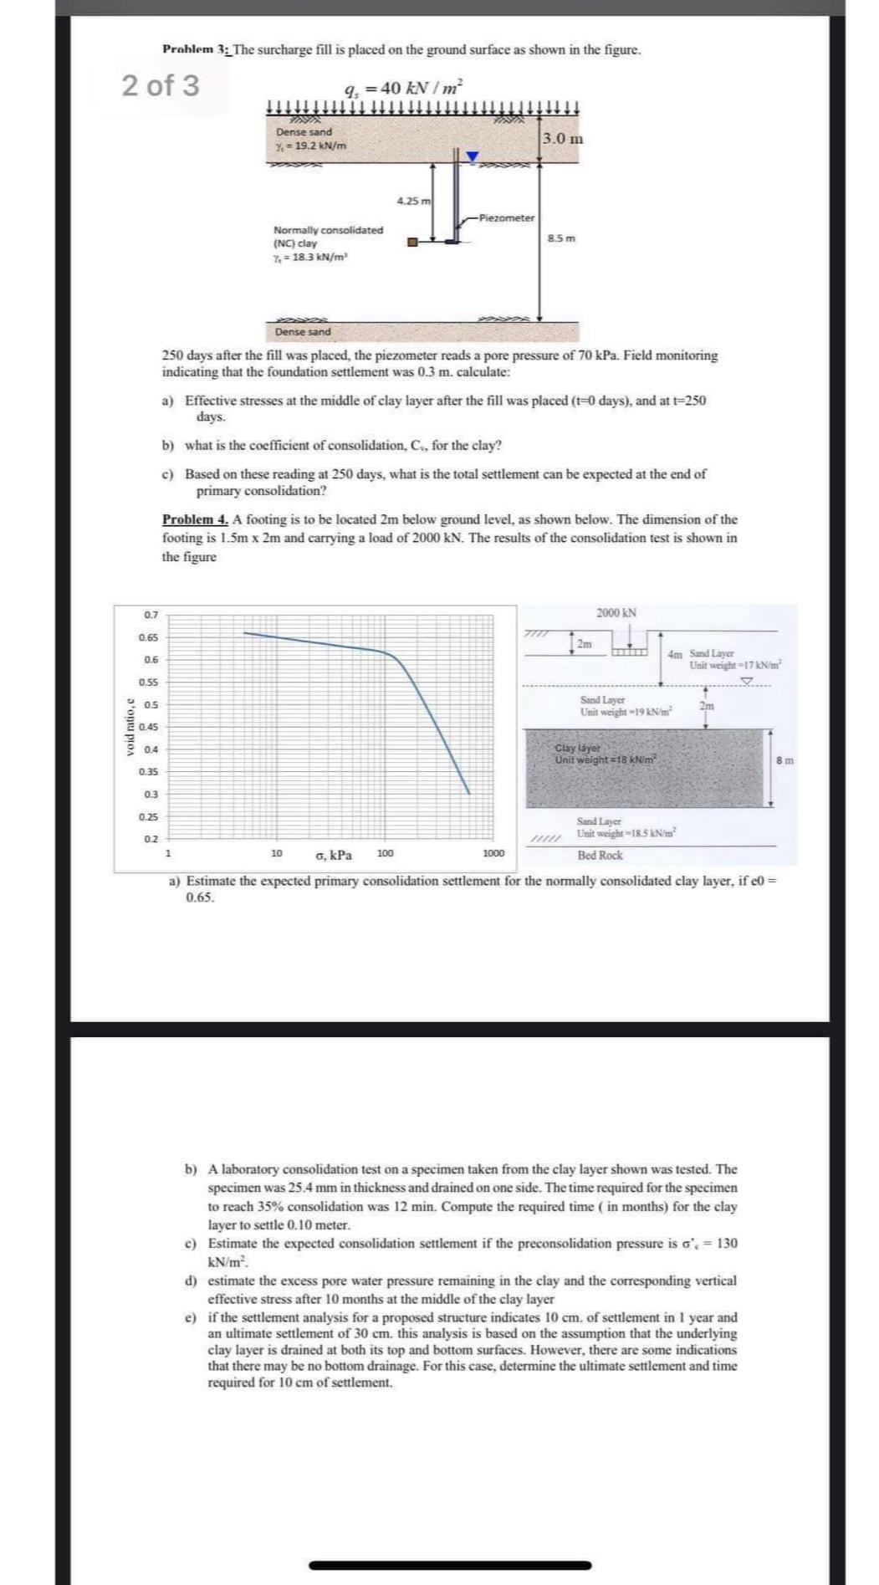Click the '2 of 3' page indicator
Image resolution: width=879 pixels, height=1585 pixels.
(x=161, y=85)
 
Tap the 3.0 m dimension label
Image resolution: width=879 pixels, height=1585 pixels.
(x=562, y=138)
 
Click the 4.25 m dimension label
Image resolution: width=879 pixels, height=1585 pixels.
(x=413, y=201)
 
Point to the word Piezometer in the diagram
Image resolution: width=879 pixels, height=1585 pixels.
(x=508, y=217)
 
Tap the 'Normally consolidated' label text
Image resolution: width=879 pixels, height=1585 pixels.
(x=328, y=230)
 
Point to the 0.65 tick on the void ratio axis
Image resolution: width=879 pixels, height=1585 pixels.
(x=150, y=637)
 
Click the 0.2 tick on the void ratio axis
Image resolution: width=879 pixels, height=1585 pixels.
(x=151, y=839)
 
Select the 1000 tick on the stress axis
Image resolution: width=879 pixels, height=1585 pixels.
(x=493, y=854)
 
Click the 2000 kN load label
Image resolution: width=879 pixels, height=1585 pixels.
(x=616, y=613)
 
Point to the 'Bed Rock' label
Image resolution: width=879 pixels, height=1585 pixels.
(x=600, y=855)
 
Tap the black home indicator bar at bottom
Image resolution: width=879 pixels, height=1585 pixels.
(x=450, y=1564)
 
